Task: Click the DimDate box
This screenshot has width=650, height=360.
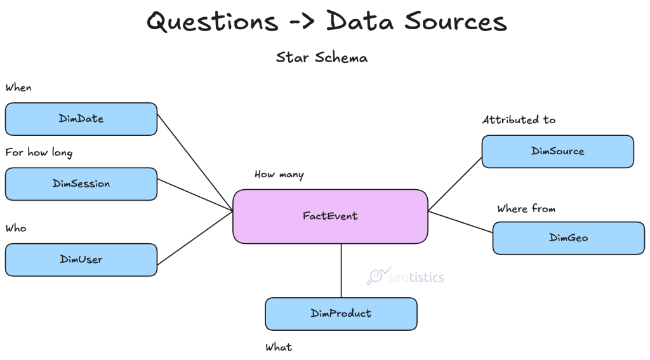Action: click(81, 119)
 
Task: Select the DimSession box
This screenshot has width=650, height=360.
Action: click(81, 183)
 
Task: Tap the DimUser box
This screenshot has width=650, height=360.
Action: click(81, 259)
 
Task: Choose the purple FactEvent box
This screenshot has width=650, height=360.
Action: click(330, 216)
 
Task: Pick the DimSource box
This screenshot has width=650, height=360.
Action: click(557, 151)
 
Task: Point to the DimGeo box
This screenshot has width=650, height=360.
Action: click(568, 237)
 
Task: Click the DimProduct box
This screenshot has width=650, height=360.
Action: click(341, 314)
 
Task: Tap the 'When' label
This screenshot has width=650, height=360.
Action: click(18, 88)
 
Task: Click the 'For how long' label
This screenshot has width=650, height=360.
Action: click(39, 152)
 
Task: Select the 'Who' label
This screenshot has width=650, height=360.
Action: click(16, 228)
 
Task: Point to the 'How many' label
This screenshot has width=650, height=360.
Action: click(279, 175)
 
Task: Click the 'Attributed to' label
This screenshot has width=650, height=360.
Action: click(519, 119)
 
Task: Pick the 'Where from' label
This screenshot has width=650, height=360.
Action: click(526, 208)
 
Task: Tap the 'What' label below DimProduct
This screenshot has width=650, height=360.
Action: click(279, 347)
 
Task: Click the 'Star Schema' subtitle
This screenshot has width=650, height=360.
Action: click(321, 58)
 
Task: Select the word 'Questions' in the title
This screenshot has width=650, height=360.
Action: click(212, 22)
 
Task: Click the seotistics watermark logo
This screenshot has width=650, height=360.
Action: click(406, 276)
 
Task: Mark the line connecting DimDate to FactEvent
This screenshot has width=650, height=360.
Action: click(195, 163)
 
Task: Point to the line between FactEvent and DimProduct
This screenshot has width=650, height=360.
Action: click(342, 270)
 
